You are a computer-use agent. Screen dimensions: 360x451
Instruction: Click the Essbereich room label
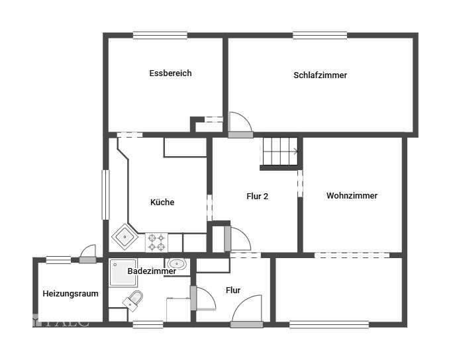170,73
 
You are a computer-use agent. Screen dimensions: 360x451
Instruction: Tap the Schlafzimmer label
320,75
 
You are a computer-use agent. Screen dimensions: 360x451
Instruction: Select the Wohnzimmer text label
352,196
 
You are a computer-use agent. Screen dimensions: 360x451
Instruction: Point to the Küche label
162,202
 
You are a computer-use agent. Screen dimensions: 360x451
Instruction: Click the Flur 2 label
257,197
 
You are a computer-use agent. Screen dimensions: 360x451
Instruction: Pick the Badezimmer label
152,271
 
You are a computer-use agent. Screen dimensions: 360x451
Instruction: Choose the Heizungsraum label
71,293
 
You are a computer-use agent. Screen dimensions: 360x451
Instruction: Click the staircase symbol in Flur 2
279,152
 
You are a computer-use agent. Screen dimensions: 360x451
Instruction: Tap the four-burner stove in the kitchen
156,242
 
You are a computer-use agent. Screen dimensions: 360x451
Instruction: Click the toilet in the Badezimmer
133,299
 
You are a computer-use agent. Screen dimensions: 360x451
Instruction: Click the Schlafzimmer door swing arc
240,122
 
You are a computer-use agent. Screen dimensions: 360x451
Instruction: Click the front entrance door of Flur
246,312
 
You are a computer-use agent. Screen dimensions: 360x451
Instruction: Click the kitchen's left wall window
105,195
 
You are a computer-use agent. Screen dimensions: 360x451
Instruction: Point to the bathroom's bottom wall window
148,324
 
